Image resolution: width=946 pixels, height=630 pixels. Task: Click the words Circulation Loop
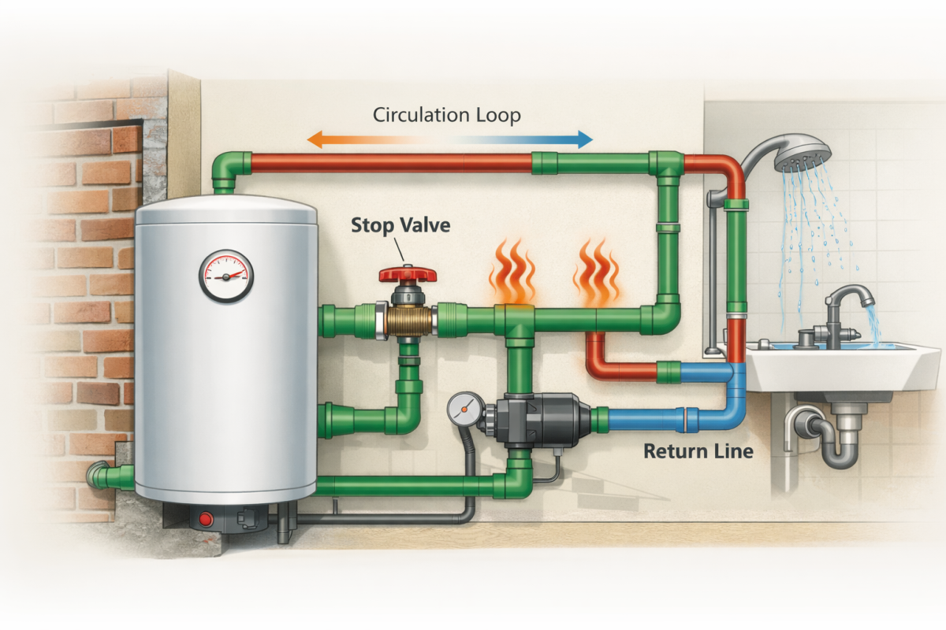[x=447, y=115]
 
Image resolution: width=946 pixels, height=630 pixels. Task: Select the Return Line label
[x=698, y=451]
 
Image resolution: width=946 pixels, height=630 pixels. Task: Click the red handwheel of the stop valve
[x=407, y=274]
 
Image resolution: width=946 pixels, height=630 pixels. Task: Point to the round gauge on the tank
[x=225, y=276]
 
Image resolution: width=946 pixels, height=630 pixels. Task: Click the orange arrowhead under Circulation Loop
[x=315, y=140]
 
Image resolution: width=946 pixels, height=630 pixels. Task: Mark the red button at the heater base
[x=207, y=519]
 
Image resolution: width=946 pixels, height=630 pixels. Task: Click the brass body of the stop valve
[x=407, y=321]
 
